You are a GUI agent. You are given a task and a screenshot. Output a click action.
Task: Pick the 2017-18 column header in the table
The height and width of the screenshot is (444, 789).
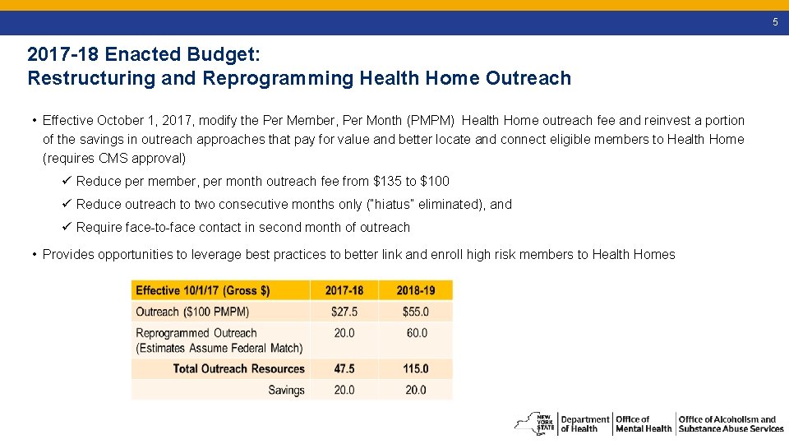344,290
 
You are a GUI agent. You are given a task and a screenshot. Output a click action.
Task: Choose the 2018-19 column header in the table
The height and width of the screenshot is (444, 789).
416,290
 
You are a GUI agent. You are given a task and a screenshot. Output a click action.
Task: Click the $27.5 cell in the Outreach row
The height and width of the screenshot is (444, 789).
344,312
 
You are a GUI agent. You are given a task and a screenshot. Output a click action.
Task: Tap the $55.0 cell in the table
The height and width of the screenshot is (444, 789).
416,312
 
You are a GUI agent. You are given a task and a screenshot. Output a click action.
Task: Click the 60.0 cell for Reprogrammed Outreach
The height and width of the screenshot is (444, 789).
416,333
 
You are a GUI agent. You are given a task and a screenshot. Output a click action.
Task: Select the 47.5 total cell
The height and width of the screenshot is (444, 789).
344,369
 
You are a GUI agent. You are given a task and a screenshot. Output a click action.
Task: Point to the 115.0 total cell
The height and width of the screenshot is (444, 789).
416,369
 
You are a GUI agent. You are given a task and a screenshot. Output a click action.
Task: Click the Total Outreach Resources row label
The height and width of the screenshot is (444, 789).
238,369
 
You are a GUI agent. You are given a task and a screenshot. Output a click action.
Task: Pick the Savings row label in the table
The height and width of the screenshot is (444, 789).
286,390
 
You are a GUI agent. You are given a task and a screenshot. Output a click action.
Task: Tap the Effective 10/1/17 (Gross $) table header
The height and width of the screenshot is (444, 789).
203,290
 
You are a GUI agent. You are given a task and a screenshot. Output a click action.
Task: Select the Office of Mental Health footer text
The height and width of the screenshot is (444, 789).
644,424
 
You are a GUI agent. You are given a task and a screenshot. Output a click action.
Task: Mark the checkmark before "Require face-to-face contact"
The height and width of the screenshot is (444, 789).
67,227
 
